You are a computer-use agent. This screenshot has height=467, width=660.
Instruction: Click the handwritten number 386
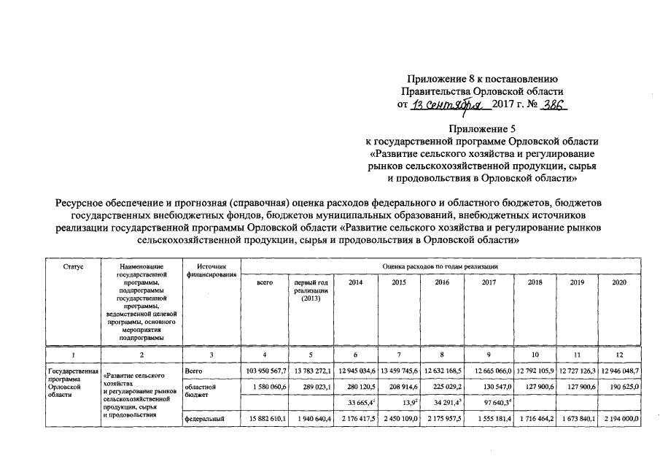pyautogui.click(x=552, y=106)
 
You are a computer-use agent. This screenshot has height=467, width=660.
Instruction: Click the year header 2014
pyautogui.click(x=355, y=281)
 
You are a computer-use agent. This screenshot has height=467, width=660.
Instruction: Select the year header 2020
pyautogui.click(x=620, y=281)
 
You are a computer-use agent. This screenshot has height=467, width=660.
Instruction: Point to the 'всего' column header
pyautogui.click(x=265, y=281)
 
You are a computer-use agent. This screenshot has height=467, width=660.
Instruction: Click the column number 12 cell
pyautogui.click(x=620, y=355)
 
